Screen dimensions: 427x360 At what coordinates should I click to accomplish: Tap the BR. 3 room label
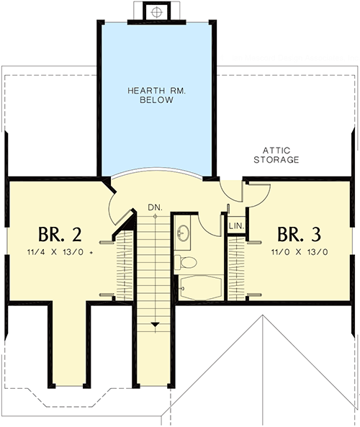[297, 235]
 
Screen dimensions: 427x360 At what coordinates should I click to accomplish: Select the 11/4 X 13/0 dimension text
[60, 253]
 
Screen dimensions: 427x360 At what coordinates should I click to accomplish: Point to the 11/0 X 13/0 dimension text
[300, 253]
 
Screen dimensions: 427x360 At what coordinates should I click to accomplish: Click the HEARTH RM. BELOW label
[155, 95]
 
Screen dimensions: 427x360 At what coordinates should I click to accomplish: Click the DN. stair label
[155, 207]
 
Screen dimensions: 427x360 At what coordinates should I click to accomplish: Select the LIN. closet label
[236, 226]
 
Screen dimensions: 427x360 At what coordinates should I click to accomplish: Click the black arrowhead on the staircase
[155, 325]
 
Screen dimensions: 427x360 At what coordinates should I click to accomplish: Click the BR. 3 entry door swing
[257, 196]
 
